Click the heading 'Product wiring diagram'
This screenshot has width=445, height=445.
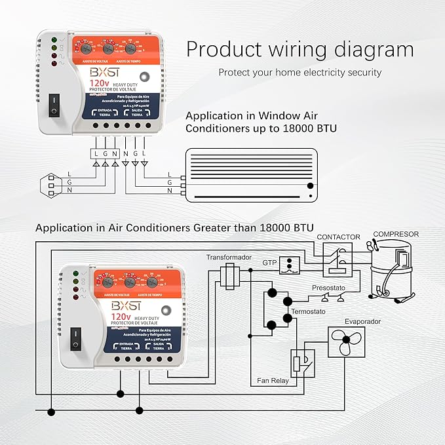pos(300,50)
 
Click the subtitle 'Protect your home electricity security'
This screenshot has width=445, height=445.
pos(300,72)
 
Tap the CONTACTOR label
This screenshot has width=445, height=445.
pos(338,236)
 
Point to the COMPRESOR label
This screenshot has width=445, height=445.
pos(396,234)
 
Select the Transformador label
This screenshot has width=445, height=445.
pos(229,258)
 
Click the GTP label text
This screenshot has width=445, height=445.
pos(270,262)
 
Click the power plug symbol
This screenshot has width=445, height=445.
pos(50,182)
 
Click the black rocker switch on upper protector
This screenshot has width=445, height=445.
pos(55,102)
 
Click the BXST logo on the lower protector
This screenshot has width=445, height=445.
pos(121,305)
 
